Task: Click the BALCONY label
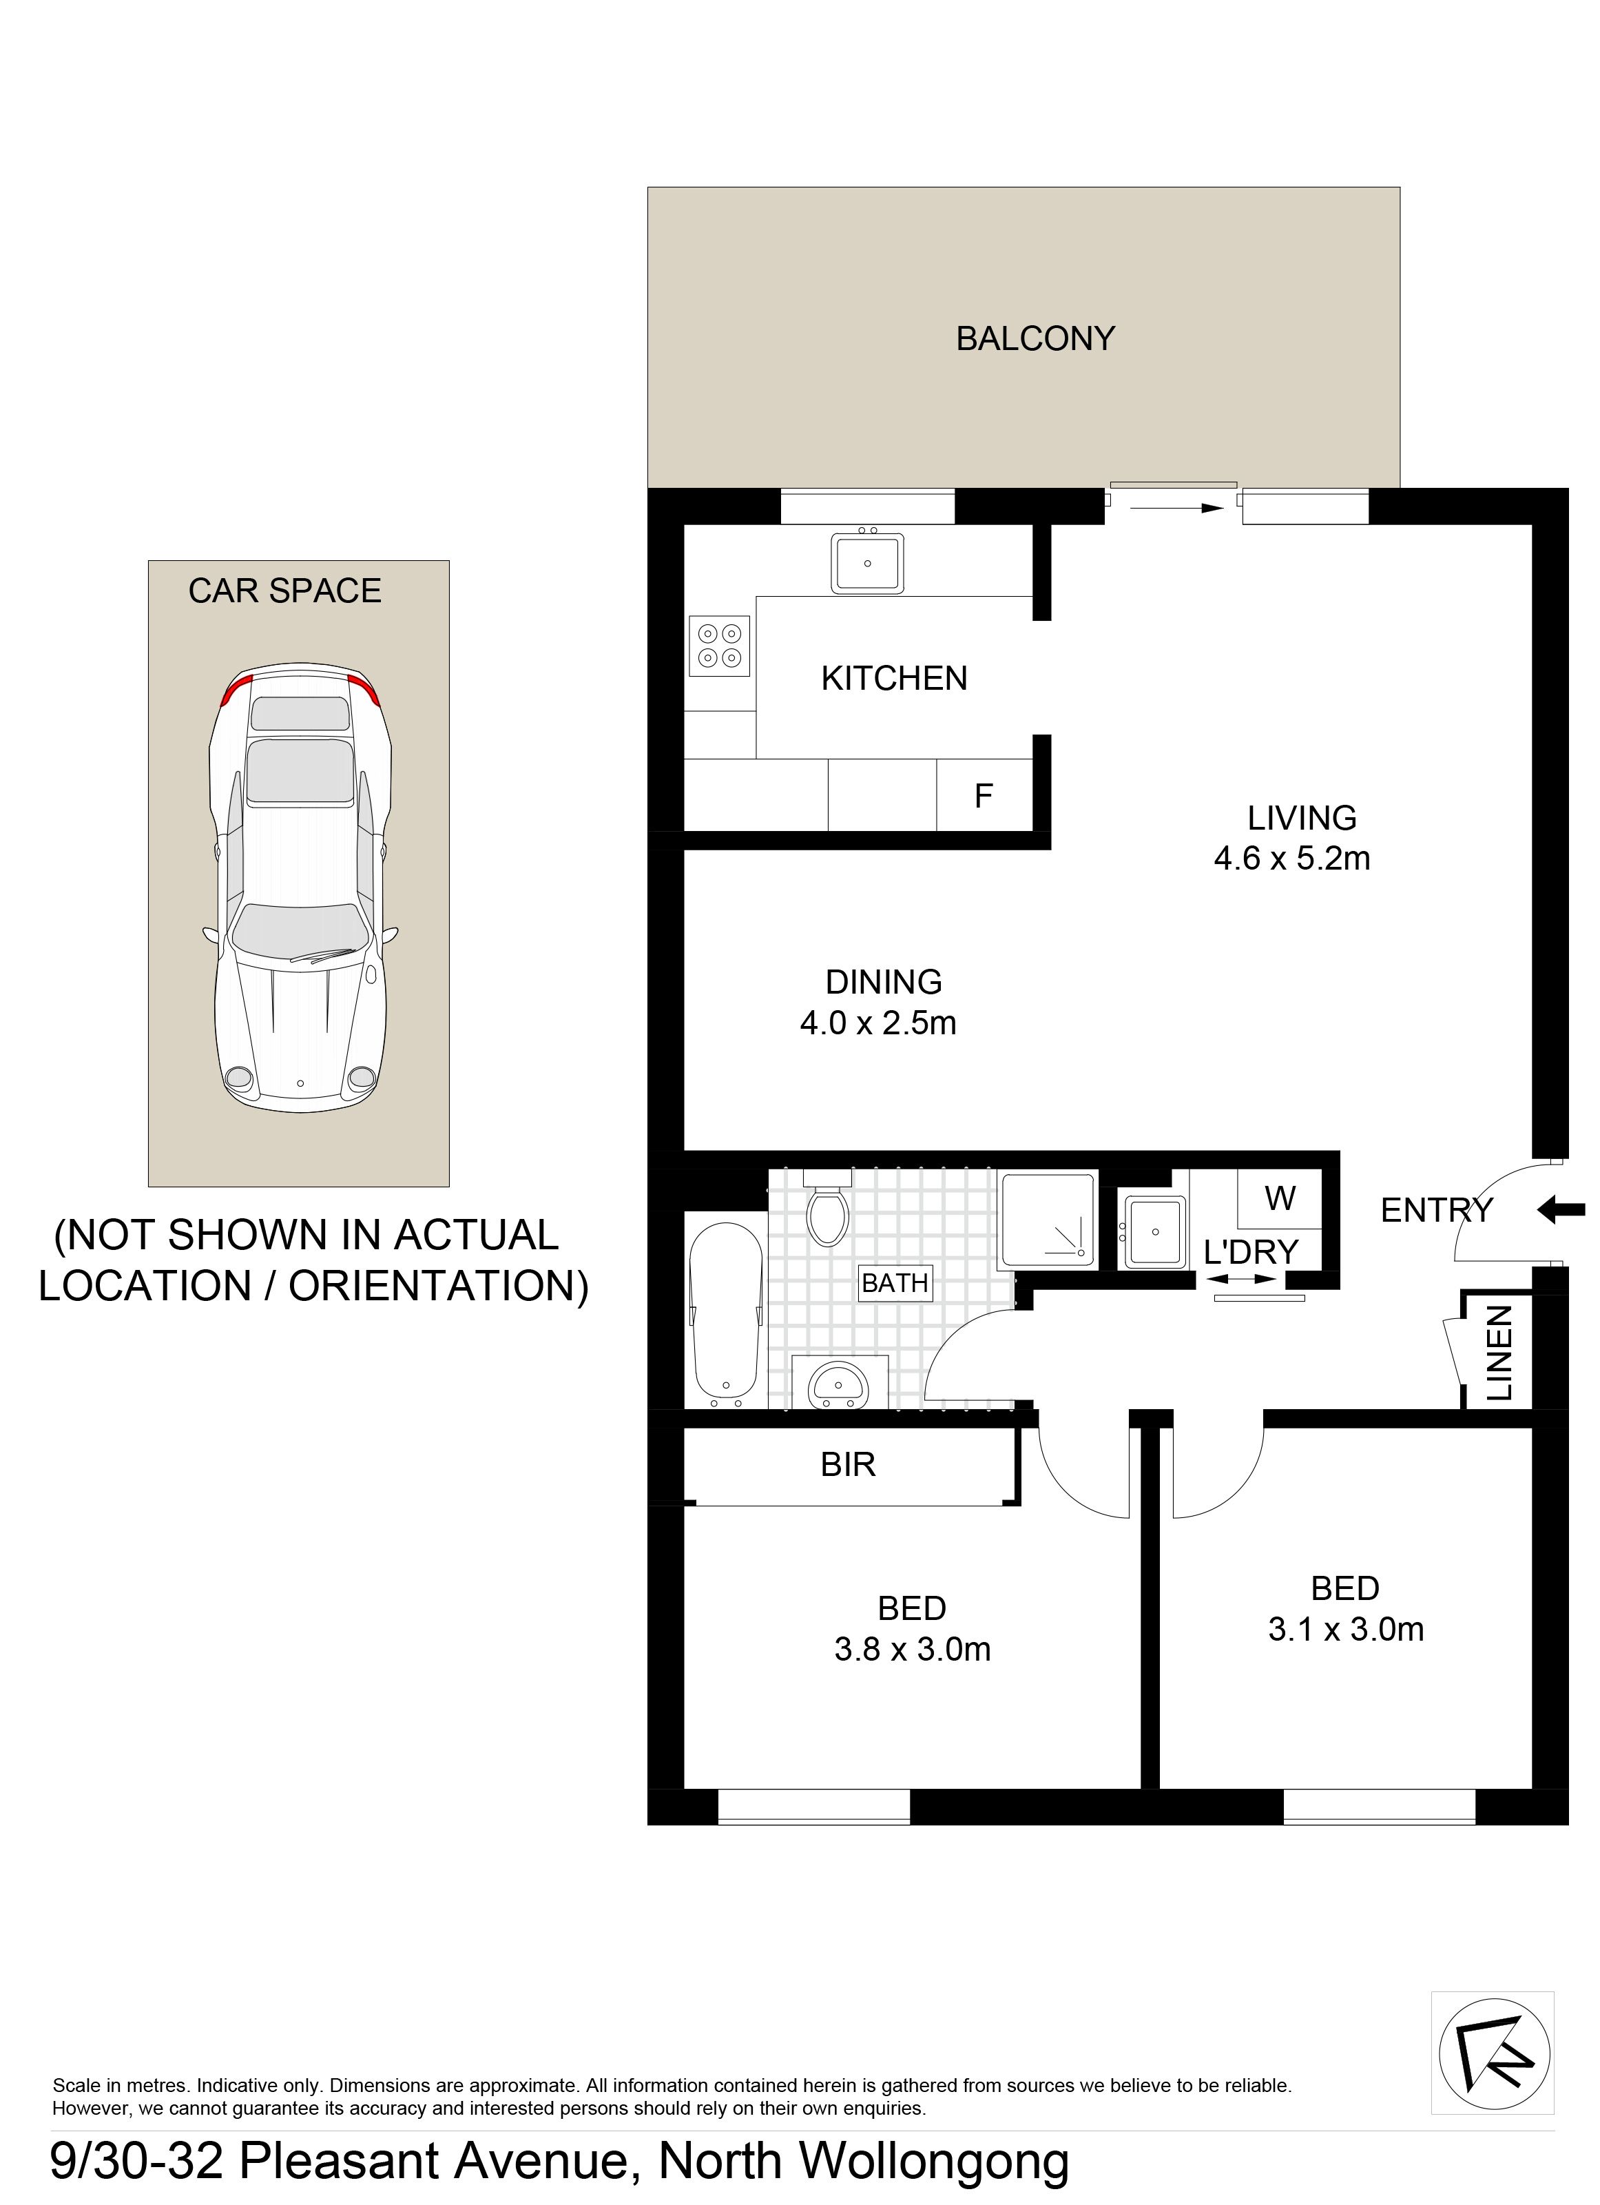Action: click(1035, 338)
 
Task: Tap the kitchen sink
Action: click(867, 562)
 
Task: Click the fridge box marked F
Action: click(984, 795)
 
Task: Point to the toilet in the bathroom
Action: click(827, 1207)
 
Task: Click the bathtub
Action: click(725, 1308)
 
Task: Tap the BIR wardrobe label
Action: click(848, 1465)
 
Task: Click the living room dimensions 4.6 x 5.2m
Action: click(1292, 859)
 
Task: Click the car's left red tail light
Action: click(236, 689)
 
